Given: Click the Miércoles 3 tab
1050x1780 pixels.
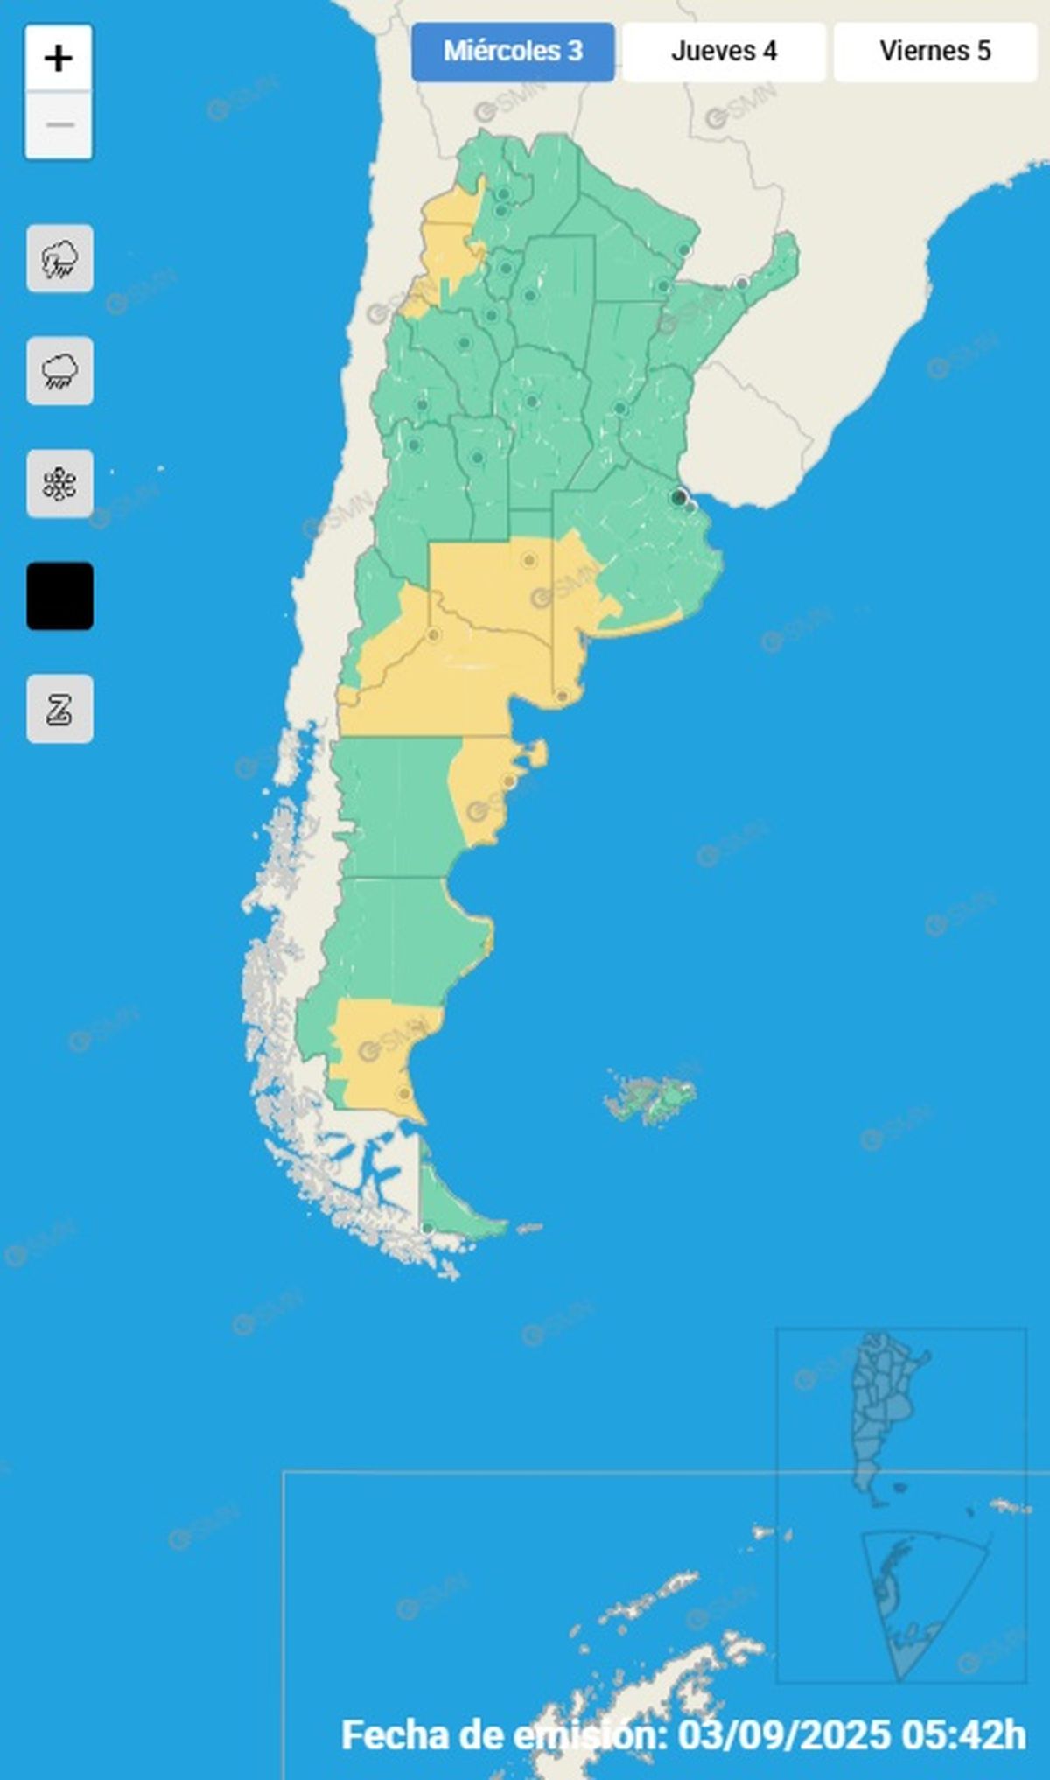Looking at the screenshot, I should (513, 52).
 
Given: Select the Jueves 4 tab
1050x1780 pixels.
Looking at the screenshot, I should (724, 52).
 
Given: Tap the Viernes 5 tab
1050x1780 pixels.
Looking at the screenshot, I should (934, 52).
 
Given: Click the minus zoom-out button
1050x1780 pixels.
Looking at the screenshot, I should (59, 125).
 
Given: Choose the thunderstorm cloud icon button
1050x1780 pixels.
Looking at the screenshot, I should (59, 259).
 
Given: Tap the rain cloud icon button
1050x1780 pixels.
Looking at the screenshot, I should (59, 371).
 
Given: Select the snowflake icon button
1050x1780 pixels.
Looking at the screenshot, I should (59, 484).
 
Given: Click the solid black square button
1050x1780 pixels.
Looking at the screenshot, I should (59, 596).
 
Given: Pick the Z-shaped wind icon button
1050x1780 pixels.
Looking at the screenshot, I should (59, 709).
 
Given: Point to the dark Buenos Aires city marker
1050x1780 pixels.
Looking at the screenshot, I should (678, 497).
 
